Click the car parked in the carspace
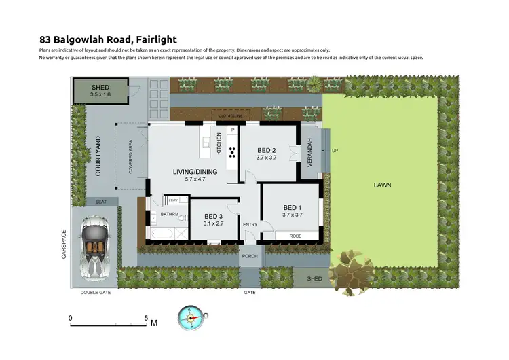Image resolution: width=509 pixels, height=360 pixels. click(94, 246)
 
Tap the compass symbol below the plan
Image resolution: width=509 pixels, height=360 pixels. click(192, 318)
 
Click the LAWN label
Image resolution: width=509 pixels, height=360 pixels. click(382, 185)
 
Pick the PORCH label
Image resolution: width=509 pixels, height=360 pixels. click(250, 257)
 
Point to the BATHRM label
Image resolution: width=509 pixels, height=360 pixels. click(169, 215)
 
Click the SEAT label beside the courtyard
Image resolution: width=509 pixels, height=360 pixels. click(101, 201)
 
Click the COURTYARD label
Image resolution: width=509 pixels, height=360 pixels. click(98, 157)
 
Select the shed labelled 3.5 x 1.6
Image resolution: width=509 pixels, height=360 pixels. click(100, 91)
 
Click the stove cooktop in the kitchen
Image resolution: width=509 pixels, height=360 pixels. click(231, 151)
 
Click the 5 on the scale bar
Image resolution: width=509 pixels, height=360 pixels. click(146, 317)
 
